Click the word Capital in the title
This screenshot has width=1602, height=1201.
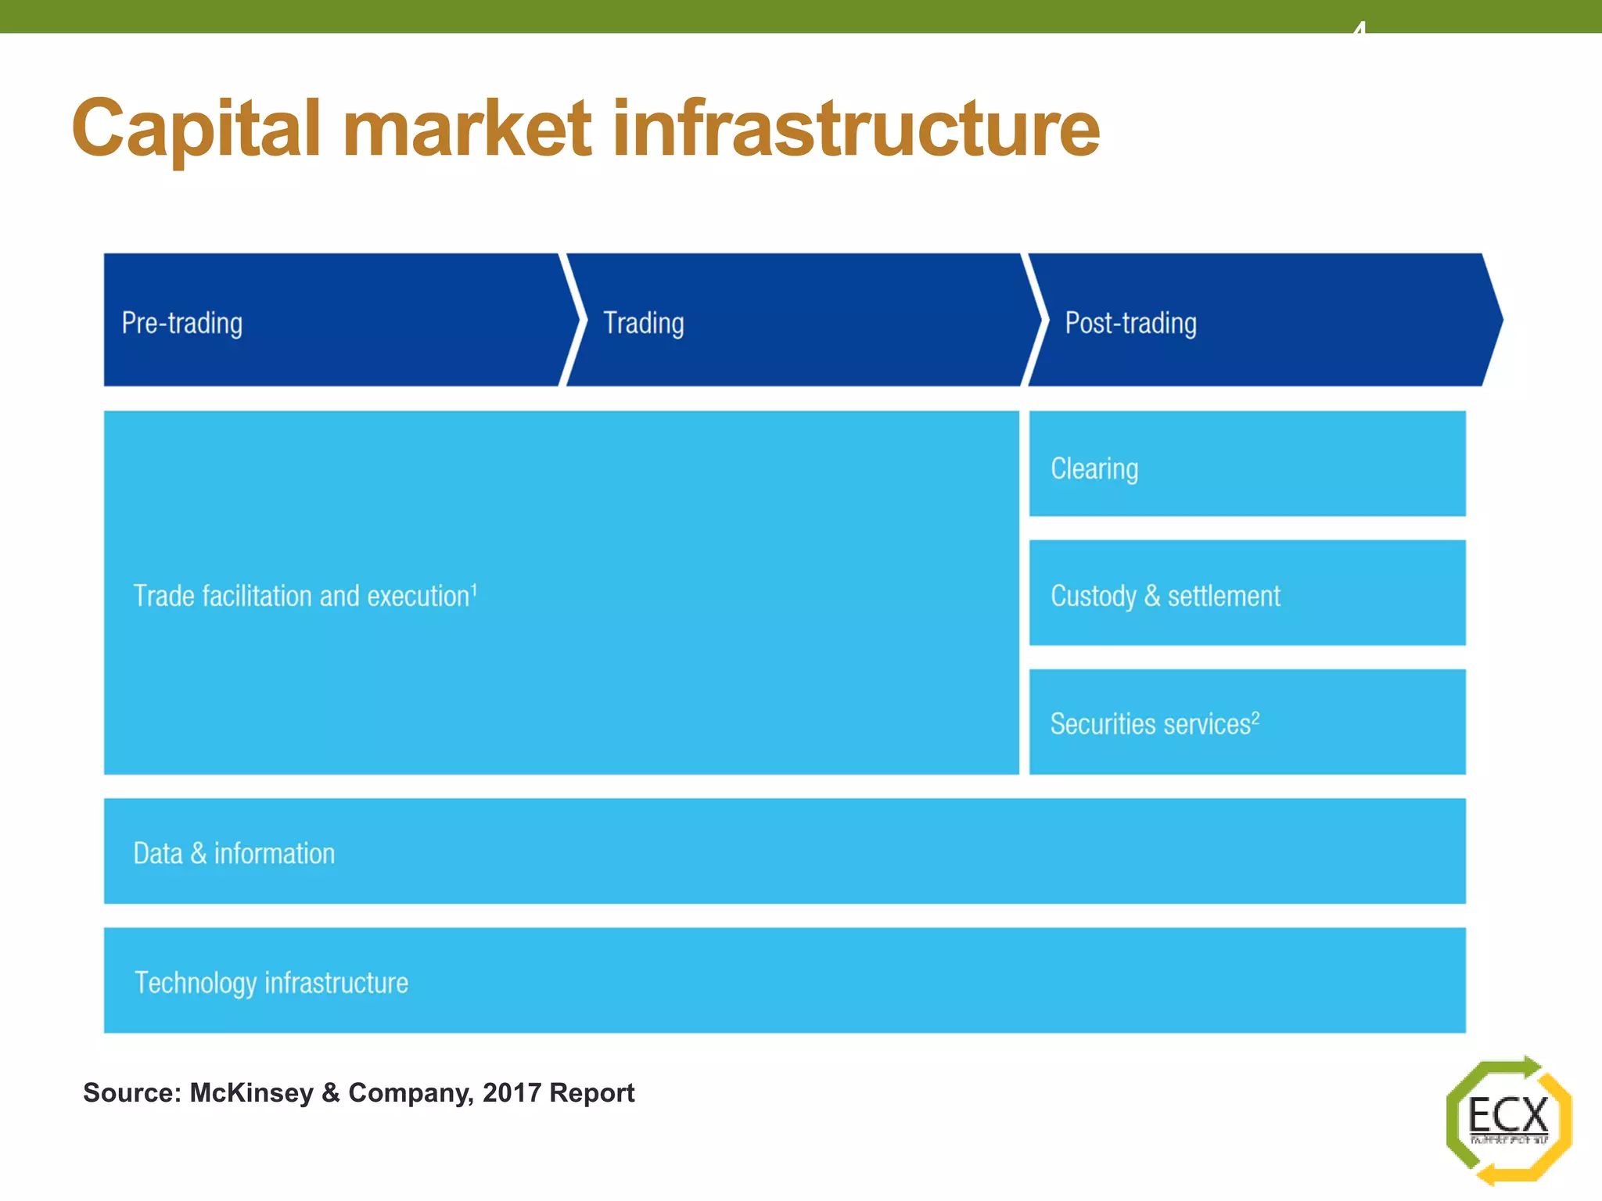point(196,129)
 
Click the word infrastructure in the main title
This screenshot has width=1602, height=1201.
point(856,129)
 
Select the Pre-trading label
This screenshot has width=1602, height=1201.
point(181,323)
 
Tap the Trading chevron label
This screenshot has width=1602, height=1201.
point(643,323)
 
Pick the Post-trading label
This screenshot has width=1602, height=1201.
point(1130,323)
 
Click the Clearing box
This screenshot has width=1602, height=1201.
point(1246,464)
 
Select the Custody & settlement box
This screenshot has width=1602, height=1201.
point(1246,593)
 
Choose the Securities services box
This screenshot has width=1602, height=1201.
point(1246,722)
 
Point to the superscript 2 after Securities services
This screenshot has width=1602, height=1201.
point(1255,717)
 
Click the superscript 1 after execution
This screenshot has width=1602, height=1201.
point(474,589)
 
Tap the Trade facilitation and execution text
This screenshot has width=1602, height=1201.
point(301,596)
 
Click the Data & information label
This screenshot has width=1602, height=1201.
point(234,853)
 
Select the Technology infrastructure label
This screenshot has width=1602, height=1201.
point(271,982)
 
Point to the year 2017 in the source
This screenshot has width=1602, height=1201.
point(512,1092)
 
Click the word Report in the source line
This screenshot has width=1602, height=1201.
point(591,1092)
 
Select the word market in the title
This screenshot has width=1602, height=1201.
point(467,129)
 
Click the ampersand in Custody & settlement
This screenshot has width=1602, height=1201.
point(1151,596)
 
